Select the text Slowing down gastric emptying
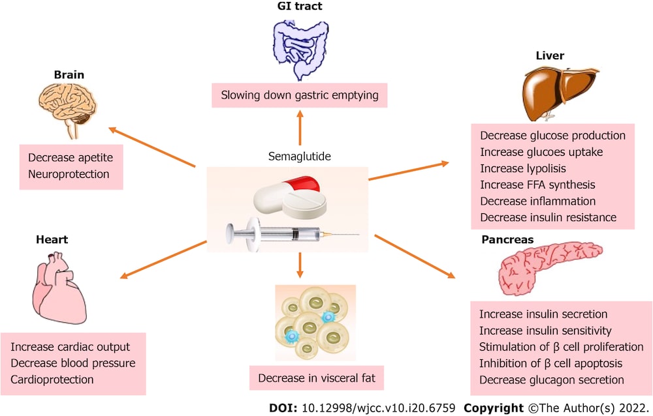tap(299, 95)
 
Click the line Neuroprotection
tap(69, 174)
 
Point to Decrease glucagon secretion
tap(551, 379)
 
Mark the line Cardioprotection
tap(52, 379)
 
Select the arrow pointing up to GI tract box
tap(300, 128)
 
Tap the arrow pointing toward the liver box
tap(408, 170)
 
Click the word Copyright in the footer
tap(494, 407)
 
